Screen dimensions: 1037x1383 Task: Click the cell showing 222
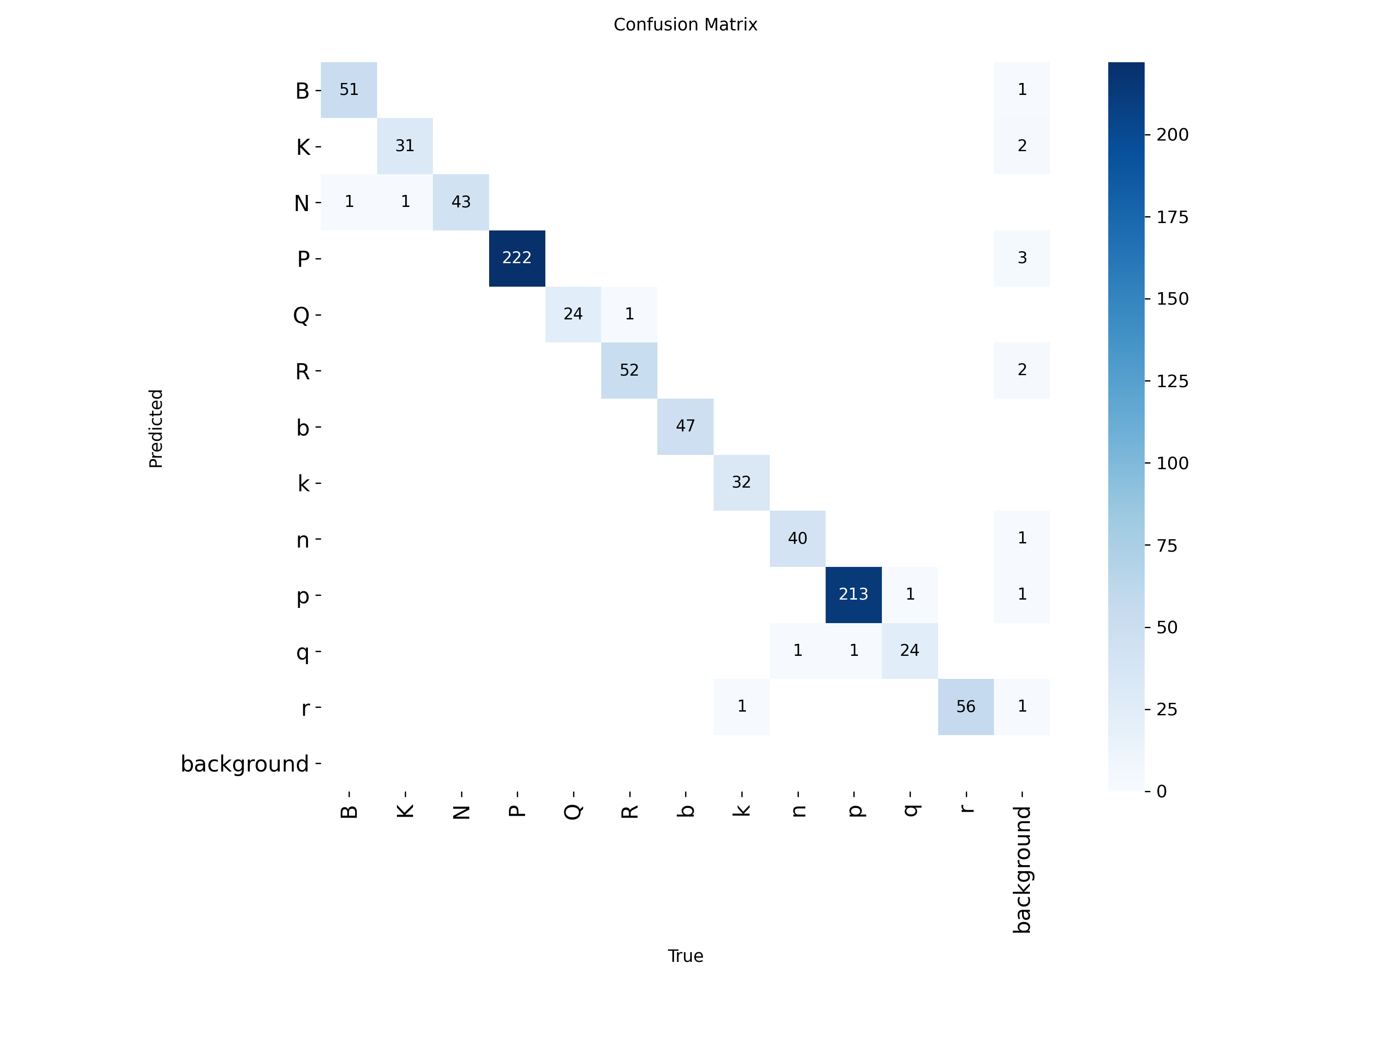[516, 258]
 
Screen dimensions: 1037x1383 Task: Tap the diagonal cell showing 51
[349, 90]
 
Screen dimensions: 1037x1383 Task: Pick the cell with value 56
[965, 707]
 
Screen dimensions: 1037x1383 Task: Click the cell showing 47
[685, 426]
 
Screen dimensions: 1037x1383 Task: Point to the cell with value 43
[461, 202]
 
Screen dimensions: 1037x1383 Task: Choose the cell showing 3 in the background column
[1022, 258]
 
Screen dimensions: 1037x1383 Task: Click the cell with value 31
[404, 146]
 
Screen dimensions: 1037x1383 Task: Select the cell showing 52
[629, 370]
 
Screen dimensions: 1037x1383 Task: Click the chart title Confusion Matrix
[685, 24]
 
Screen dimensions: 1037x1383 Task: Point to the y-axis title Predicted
[156, 428]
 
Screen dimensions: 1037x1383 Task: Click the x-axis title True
[685, 956]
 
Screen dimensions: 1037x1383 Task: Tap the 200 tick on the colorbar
[1172, 135]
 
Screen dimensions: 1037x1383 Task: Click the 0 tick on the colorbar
[1161, 791]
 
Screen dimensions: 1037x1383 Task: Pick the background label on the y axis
[244, 764]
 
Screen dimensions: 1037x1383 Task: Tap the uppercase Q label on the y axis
[301, 314]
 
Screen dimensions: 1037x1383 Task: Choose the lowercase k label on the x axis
[741, 811]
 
